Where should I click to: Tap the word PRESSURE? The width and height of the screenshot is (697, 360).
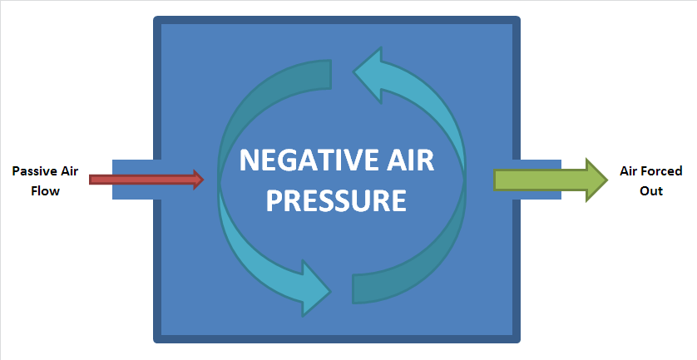click(336, 200)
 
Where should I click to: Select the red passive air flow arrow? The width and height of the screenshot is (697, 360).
click(141, 179)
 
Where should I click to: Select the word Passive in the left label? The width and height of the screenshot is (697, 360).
click(32, 171)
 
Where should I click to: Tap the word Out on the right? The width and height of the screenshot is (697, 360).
click(651, 190)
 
